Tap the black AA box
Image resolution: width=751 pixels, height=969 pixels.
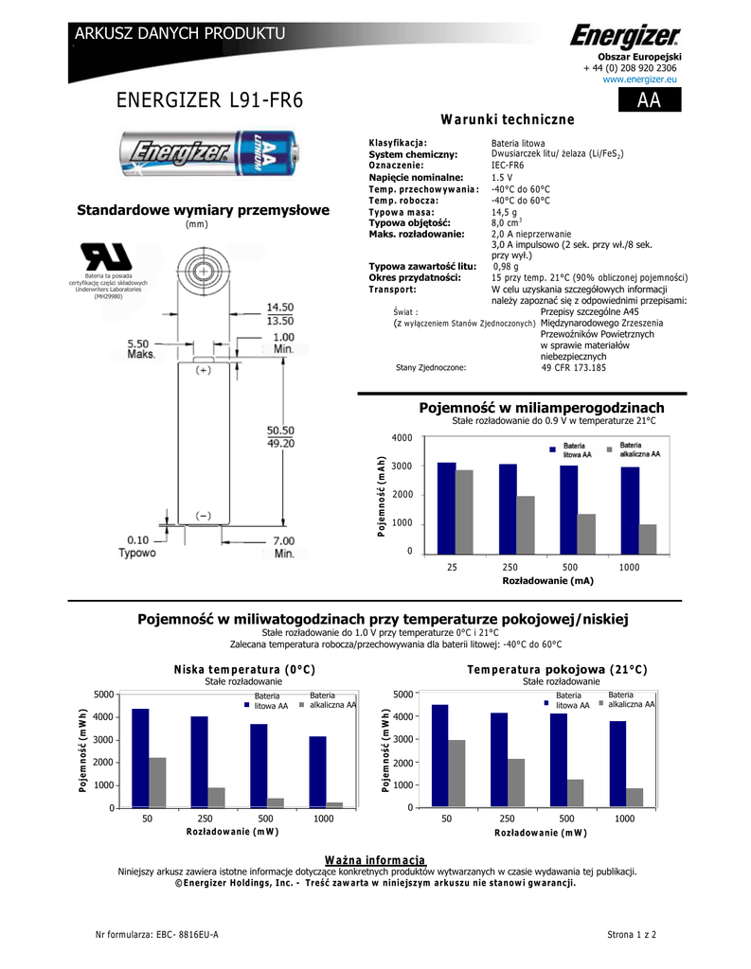649,101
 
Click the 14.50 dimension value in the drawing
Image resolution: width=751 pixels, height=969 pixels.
279,308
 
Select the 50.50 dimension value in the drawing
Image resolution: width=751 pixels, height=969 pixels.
281,429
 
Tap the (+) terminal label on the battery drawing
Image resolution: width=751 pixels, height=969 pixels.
203,372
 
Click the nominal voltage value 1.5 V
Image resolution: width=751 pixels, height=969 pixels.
502,178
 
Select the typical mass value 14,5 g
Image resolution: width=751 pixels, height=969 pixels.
504,213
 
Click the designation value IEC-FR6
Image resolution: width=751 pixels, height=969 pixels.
508,166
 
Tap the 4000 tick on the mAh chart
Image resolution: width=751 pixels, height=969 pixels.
402,437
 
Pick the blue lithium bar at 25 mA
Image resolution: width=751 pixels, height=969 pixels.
446,508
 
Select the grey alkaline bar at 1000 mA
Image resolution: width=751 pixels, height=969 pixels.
648,539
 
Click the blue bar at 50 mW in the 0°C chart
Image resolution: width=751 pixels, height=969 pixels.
140,758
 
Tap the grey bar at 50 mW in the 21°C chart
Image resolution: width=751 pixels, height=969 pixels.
456,774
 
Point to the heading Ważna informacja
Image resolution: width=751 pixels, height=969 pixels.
375,859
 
